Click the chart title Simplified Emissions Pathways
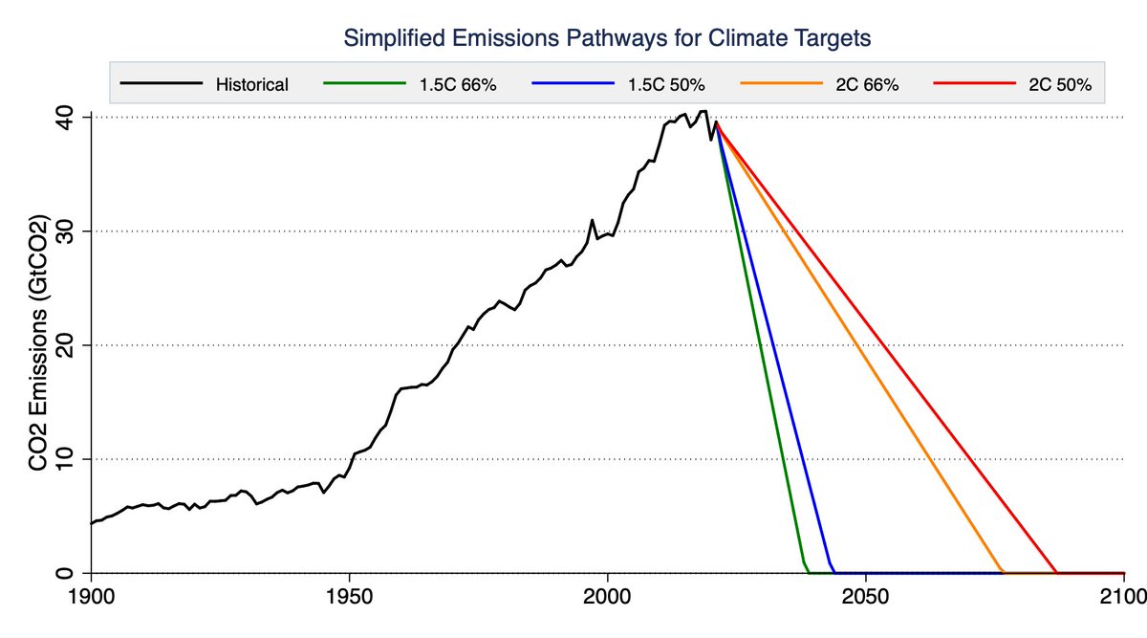pyautogui.click(x=608, y=39)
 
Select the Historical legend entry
pyautogui.click(x=251, y=84)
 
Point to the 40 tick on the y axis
pyautogui.click(x=66, y=117)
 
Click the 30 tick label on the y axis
pyautogui.click(x=66, y=231)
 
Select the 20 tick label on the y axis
pyautogui.click(x=66, y=345)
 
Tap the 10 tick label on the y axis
pyautogui.click(x=66, y=459)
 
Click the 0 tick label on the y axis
pyautogui.click(x=66, y=573)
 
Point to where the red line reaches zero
pyautogui.click(x=1057, y=573)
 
